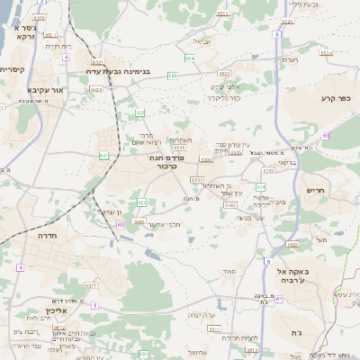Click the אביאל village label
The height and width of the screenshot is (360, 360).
click(x=202, y=40)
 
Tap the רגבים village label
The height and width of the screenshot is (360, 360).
click(x=290, y=60)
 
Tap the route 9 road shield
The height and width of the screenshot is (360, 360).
click(x=94, y=305)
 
